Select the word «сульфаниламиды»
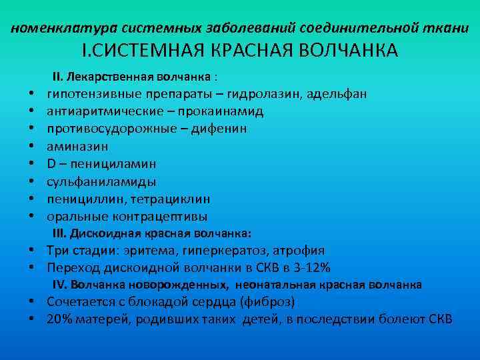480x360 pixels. click(x=101, y=181)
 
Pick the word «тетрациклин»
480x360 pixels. click(x=171, y=199)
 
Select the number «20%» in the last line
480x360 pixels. click(x=59, y=319)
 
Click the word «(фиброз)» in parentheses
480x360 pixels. click(x=266, y=302)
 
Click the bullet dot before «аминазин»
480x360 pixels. click(x=31, y=146)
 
